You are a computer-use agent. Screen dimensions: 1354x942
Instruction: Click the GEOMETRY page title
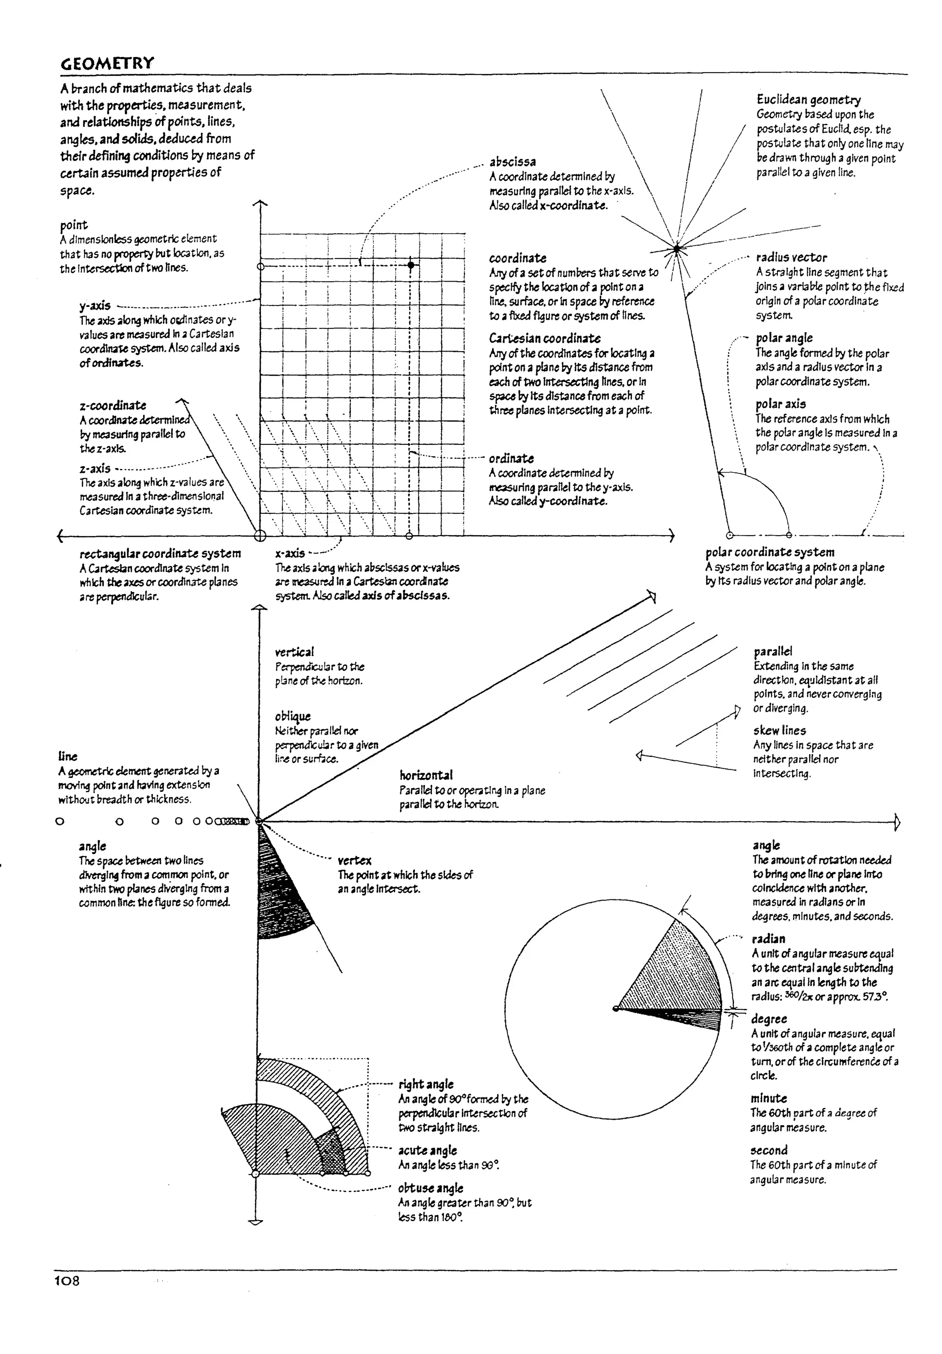pyautogui.click(x=107, y=63)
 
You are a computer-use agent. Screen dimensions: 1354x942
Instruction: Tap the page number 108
pyautogui.click(x=67, y=1280)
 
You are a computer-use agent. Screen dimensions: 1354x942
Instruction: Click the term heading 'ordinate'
pyautogui.click(x=511, y=458)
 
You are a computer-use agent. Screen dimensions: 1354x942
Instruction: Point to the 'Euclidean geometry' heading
pyautogui.click(x=808, y=99)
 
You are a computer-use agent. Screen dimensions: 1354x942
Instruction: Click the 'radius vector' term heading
pyautogui.click(x=791, y=257)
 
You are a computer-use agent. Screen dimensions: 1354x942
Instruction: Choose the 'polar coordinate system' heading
pyautogui.click(x=769, y=552)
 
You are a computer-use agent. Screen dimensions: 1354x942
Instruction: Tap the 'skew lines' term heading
pyautogui.click(x=779, y=730)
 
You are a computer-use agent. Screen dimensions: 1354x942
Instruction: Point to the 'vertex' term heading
pyautogui.click(x=354, y=860)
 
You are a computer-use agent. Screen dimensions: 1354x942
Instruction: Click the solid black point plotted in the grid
pyautogui.click(x=411, y=265)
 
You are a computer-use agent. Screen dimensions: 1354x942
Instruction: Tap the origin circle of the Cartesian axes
pyautogui.click(x=259, y=536)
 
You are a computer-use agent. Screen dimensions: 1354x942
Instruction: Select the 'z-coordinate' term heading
pyautogui.click(x=113, y=405)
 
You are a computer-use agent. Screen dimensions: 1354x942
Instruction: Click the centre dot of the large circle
pyautogui.click(x=616, y=1008)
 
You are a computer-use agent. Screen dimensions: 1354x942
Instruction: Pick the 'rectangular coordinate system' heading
pyautogui.click(x=161, y=553)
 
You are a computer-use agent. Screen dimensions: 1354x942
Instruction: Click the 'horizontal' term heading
pyautogui.click(x=425, y=775)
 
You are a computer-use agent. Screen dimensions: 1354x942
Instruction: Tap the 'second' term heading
pyautogui.click(x=769, y=1150)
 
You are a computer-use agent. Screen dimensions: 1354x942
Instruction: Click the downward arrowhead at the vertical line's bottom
pyautogui.click(x=255, y=1222)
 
